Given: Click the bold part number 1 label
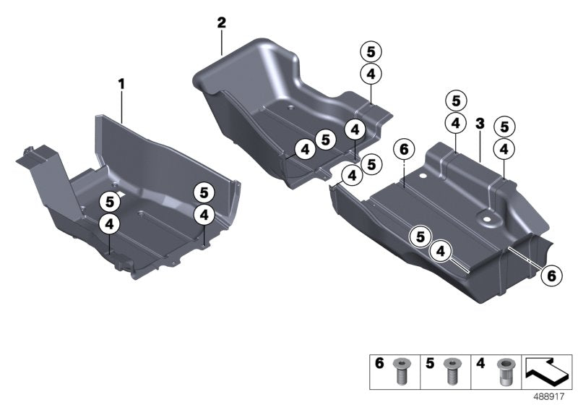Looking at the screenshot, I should (122, 85).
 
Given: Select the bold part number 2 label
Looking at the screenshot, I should (222, 22).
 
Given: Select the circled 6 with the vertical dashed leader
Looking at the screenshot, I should (404, 150).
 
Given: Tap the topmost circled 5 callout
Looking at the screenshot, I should (371, 51).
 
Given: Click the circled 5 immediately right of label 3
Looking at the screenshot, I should (504, 127).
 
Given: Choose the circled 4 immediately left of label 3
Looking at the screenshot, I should (456, 123).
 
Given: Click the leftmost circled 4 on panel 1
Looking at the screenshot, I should (109, 224).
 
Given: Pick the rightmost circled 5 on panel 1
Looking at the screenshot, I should (204, 192).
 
